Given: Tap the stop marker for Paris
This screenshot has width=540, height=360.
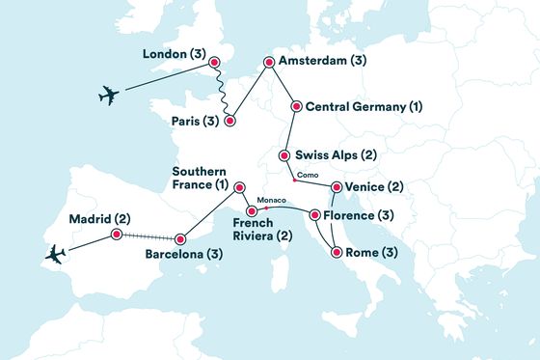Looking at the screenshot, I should (229, 121).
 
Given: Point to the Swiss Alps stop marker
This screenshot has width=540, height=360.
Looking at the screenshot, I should (284, 155).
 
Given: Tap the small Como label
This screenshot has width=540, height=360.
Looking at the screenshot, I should (308, 175).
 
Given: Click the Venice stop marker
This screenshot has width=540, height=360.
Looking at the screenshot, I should (336, 187).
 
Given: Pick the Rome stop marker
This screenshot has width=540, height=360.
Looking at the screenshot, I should (336, 253).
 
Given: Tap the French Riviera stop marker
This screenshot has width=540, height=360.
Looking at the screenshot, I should (251, 210).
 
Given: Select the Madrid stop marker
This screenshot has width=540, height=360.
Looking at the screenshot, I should (116, 234).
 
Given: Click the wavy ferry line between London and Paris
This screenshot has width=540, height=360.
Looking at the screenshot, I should (221, 94).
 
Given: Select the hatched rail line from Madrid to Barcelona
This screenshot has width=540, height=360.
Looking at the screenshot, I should (148, 236).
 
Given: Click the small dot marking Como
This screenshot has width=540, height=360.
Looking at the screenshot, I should (293, 179).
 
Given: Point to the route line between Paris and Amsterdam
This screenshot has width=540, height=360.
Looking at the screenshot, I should (248, 93).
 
